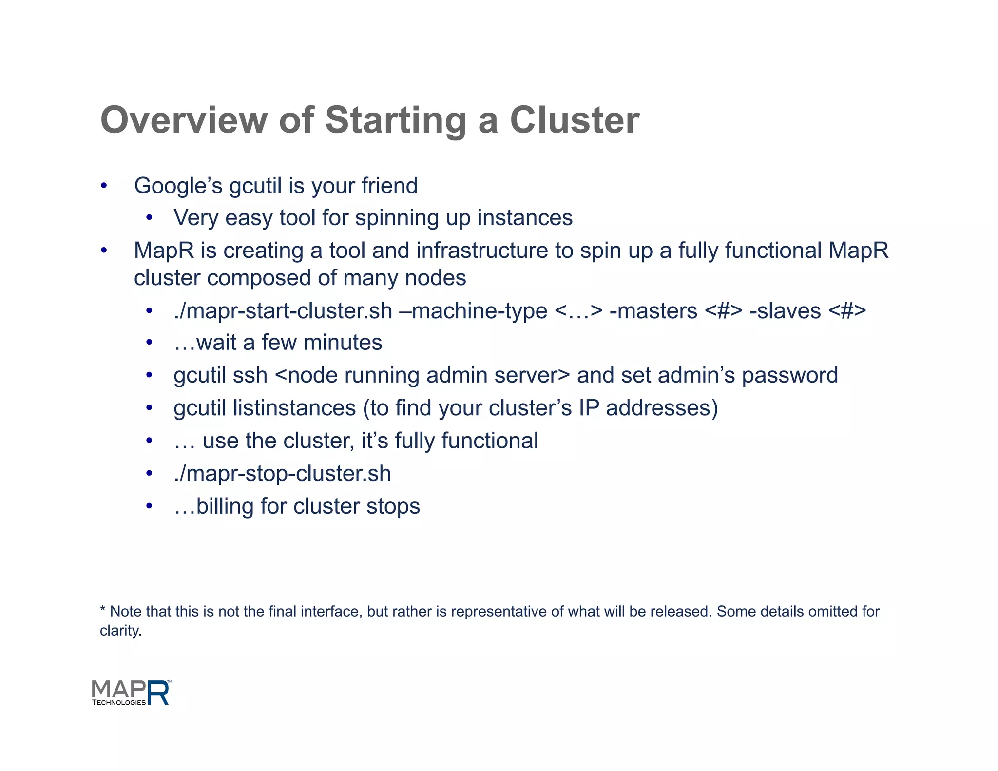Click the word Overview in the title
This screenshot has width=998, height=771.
coord(184,120)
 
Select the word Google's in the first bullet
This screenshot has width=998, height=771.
coord(178,186)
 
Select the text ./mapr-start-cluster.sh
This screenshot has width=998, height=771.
coord(283,311)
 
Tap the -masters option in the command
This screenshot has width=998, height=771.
coord(653,311)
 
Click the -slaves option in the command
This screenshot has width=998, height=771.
coord(785,311)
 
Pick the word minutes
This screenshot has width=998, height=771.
coord(343,343)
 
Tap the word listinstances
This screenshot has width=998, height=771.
coord(294,408)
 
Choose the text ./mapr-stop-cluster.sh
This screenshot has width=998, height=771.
coord(283,474)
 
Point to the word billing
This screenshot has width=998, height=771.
coord(225,506)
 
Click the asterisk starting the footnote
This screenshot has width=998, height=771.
coord(103,610)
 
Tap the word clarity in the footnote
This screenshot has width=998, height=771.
coord(120,631)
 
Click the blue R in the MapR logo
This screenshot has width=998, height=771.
coord(158,693)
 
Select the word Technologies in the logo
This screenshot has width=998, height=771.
coord(119,702)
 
